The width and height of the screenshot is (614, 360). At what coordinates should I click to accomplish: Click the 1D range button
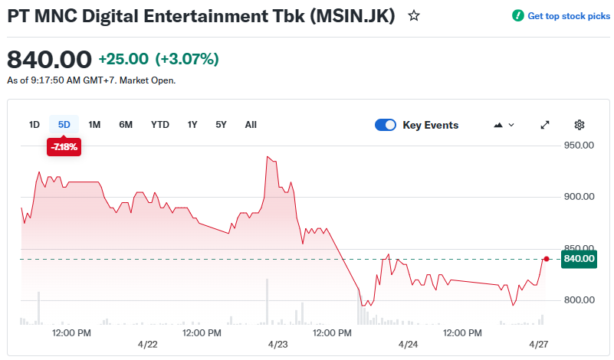tap(34, 125)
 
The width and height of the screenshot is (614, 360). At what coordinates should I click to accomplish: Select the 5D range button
tap(64, 125)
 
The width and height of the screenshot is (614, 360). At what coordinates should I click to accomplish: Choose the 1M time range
tap(94, 125)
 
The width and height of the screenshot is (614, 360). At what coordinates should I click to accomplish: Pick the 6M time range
tap(126, 125)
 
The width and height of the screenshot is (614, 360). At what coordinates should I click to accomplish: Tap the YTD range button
tap(160, 125)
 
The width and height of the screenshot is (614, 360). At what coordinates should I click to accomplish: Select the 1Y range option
tap(192, 125)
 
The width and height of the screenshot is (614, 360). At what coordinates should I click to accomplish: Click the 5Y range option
tap(221, 125)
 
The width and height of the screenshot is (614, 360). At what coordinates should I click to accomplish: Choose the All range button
tap(251, 125)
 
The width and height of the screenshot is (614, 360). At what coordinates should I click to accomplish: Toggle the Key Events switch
tap(386, 125)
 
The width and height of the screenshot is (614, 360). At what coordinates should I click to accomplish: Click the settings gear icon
tap(580, 125)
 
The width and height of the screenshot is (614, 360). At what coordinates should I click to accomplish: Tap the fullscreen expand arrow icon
tap(545, 125)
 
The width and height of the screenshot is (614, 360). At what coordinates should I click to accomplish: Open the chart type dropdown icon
tap(505, 125)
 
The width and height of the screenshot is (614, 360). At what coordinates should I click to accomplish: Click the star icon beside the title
tap(414, 15)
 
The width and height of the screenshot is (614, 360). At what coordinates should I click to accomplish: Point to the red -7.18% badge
tap(64, 147)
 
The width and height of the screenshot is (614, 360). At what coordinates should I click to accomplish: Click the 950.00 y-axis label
tap(580, 145)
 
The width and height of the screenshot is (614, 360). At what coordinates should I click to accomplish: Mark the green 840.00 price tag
tap(579, 259)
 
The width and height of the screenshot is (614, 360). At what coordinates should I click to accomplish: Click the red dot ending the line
tap(547, 259)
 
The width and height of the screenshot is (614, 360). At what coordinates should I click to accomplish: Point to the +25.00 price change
tap(123, 59)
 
